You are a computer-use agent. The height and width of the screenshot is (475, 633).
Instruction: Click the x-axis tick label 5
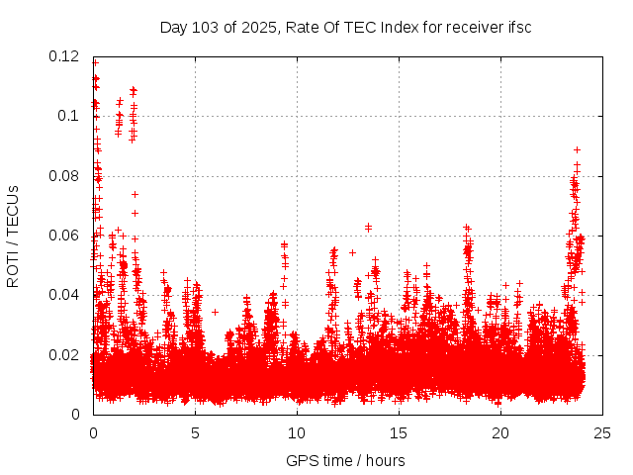(195, 432)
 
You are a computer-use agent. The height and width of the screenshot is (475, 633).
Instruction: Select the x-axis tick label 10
(297, 432)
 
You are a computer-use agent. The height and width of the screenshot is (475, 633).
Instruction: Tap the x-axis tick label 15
(399, 432)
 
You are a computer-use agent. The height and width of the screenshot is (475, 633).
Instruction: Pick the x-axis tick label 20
(500, 432)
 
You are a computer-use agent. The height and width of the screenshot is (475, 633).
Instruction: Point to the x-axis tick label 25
(602, 432)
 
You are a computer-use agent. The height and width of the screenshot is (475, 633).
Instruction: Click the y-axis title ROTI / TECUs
(13, 236)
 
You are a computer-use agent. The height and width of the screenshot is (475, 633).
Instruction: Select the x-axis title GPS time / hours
(345, 460)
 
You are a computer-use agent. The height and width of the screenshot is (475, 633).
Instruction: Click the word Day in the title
(173, 27)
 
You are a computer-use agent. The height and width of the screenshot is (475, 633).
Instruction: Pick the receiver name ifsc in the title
(518, 27)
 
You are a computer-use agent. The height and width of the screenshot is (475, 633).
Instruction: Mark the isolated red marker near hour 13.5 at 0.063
(368, 227)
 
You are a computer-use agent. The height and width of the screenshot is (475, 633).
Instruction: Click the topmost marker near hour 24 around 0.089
(577, 149)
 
